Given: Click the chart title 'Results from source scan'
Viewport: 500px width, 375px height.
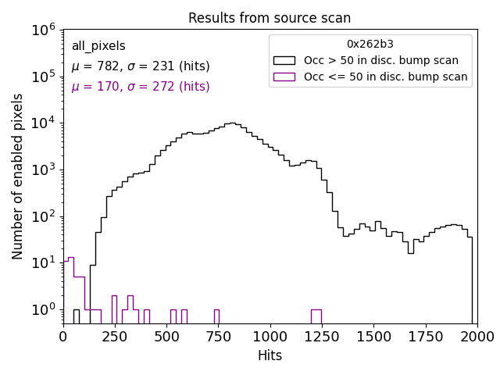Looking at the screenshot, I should tap(270, 18).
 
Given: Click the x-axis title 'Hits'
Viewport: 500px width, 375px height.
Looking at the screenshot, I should tap(270, 355).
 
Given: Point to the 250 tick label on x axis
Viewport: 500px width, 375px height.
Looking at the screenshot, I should tap(115, 337).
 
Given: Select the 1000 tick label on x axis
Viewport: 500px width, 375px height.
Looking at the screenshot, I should tap(270, 337).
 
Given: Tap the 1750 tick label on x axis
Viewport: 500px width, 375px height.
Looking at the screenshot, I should tap(425, 337).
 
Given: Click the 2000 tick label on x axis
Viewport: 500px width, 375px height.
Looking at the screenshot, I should tap(477, 337).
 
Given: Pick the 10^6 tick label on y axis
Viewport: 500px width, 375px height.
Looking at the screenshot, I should tap(45, 30).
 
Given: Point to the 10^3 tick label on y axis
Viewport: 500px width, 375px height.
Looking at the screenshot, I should tap(45, 170).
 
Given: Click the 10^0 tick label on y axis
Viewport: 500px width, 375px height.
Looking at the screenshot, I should tap(45, 309).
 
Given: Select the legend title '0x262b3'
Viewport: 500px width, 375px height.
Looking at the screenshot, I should tap(370, 44).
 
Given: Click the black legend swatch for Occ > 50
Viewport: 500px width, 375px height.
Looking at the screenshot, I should tap(285, 60).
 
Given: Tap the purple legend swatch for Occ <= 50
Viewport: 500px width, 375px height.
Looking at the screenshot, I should tap(285, 77).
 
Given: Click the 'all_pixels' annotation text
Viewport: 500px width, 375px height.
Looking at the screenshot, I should tap(98, 46).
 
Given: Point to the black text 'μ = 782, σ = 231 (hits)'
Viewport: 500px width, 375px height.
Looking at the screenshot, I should tap(141, 66).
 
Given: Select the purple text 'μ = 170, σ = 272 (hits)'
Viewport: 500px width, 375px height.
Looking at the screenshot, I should tap(141, 87).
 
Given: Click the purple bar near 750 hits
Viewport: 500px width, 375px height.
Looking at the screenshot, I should tap(216, 316).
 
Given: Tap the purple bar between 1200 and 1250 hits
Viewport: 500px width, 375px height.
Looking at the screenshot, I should tap(316, 316).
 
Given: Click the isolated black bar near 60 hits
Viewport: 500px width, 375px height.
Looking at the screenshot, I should tap(77, 316).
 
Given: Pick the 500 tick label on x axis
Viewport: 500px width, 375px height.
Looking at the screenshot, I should tap(166, 337).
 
